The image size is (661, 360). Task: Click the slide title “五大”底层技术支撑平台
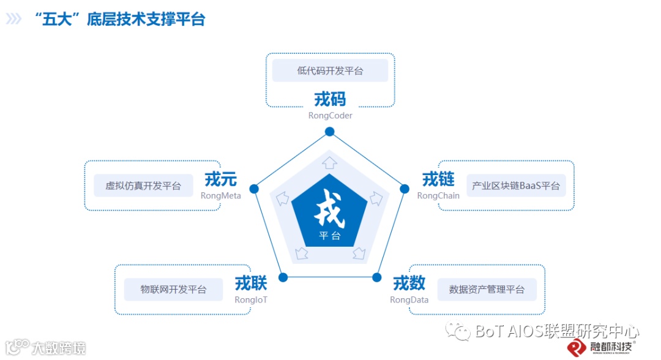pyautogui.click(x=121, y=19)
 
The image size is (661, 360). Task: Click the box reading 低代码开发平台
pyautogui.click(x=330, y=70)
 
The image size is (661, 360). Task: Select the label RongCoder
pyautogui.click(x=330, y=116)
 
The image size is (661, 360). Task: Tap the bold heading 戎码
pyautogui.click(x=330, y=99)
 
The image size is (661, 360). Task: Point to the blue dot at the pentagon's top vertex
pyautogui.click(x=329, y=132)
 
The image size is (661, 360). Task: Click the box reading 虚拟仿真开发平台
pyautogui.click(x=143, y=186)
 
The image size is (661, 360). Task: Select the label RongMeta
pyautogui.click(x=220, y=196)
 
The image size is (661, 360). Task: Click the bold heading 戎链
pyautogui.click(x=438, y=179)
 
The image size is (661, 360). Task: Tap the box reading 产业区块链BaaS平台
pyautogui.click(x=516, y=186)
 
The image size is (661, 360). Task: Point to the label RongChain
pyautogui.click(x=438, y=196)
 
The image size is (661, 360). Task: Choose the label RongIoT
pyautogui.click(x=251, y=300)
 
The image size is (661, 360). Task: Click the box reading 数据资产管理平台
pyautogui.click(x=487, y=289)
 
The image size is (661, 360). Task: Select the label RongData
pyautogui.click(x=409, y=300)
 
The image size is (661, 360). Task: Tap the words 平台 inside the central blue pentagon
pyautogui.click(x=329, y=236)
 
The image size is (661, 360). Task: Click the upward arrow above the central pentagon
pyautogui.click(x=329, y=162)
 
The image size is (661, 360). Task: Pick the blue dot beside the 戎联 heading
pyautogui.click(x=283, y=277)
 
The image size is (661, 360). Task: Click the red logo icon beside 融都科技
pyautogui.click(x=577, y=347)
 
